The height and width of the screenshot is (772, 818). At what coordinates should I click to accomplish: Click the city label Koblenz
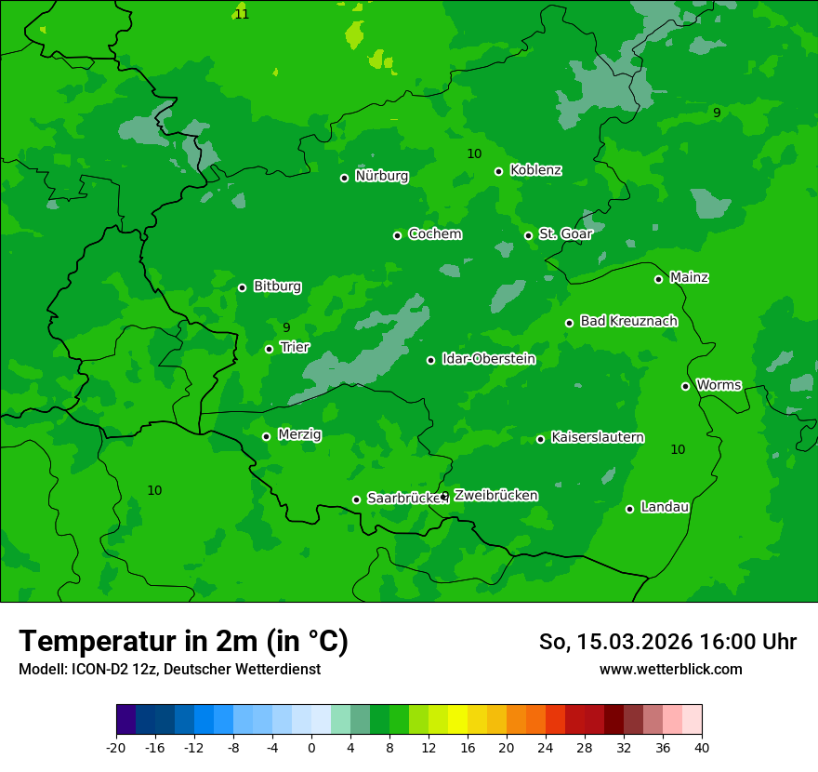point(535,170)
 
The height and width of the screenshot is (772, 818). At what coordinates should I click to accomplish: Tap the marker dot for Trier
point(269,349)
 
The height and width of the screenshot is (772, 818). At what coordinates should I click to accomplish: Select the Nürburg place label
point(381,176)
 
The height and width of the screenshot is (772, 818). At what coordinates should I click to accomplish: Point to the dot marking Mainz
point(658,279)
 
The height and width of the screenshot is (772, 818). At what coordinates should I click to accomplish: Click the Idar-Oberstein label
point(488,359)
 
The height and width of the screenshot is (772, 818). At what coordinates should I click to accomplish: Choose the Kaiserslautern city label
point(597,437)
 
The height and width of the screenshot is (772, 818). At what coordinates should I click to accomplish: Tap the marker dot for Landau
point(629,509)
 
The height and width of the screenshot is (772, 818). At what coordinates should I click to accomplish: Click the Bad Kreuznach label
point(628,321)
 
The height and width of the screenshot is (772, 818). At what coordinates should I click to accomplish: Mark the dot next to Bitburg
point(242,287)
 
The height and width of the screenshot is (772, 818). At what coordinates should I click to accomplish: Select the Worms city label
point(719,385)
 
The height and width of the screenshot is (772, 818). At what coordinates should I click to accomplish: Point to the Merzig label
point(299,434)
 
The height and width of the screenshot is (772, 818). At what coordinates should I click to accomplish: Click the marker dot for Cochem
point(397,235)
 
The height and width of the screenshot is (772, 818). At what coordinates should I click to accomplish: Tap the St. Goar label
point(565,233)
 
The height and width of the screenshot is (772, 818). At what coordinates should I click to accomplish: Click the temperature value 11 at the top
point(242,14)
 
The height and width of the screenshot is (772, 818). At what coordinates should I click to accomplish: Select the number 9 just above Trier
point(286,327)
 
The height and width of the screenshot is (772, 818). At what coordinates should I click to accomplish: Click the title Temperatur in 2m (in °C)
point(183,641)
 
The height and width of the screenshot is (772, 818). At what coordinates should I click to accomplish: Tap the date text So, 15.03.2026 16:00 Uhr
point(667,642)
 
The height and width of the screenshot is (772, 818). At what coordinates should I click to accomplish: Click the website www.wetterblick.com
point(670,670)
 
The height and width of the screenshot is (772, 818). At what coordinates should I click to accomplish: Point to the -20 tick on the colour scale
point(116,747)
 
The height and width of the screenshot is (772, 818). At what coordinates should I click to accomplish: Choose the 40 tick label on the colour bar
point(702,747)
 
